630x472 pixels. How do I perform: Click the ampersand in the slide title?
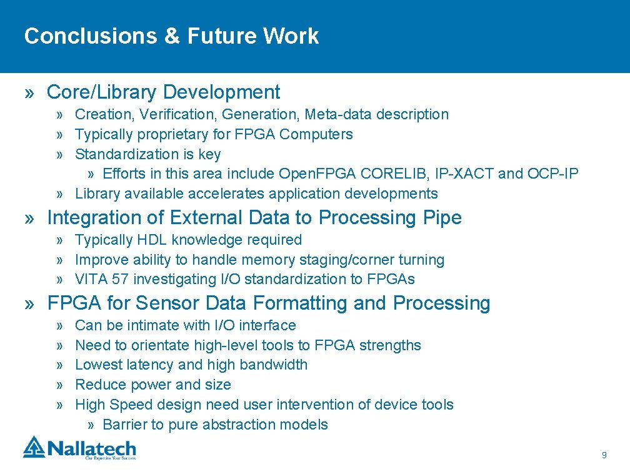tap(171, 36)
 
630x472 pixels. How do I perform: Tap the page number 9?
tap(604, 455)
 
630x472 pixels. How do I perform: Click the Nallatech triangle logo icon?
tap(34, 447)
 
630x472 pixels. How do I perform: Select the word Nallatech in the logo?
tap(92, 448)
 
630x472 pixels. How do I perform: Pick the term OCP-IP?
tap(553, 174)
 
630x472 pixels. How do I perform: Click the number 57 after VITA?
tap(120, 279)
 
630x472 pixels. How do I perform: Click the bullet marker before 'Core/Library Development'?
tap(29, 94)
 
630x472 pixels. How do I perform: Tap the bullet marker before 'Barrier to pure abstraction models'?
tap(91, 425)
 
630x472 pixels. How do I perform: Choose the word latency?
tap(150, 365)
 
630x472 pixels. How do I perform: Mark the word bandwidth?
tap(273, 365)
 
